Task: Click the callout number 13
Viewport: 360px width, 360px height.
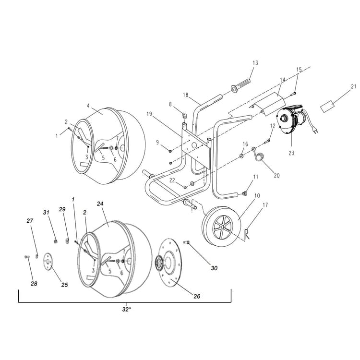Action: click(255, 63)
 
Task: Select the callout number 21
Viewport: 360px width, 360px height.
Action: click(353, 86)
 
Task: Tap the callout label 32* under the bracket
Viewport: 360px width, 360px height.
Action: click(126, 310)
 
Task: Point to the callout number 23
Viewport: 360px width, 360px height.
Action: click(291, 153)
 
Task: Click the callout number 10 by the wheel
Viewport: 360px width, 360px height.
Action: click(257, 196)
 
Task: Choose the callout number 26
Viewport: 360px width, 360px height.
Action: click(196, 297)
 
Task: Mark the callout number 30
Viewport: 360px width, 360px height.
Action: click(214, 268)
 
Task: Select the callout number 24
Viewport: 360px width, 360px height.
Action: click(100, 204)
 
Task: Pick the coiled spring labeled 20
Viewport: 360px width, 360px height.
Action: click(260, 156)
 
